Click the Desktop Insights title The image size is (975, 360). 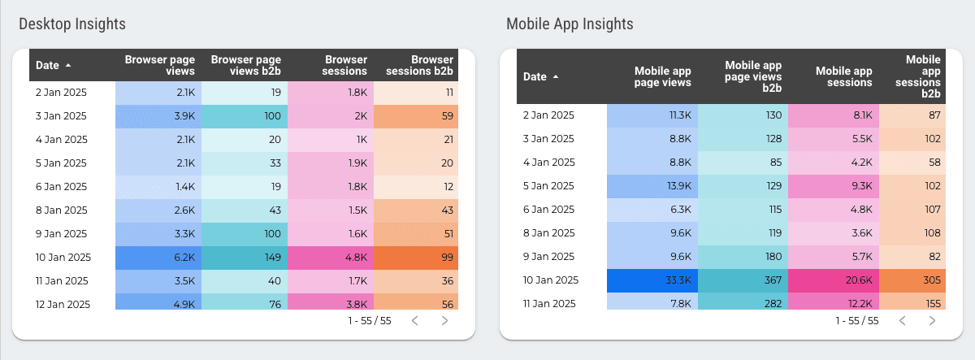[72, 24]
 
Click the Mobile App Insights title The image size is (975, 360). [570, 24]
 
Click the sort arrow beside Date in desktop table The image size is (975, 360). [68, 65]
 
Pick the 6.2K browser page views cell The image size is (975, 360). [158, 258]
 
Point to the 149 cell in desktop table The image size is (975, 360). [244, 258]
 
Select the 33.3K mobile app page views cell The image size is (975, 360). [652, 280]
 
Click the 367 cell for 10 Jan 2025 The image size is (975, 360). [743, 280]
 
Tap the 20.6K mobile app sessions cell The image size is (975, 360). [834, 280]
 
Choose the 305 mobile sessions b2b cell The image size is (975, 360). [912, 280]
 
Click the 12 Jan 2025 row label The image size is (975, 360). [62, 305]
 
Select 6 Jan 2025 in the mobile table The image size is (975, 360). [548, 209]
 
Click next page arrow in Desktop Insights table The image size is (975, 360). [444, 321]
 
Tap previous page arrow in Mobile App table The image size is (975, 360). [902, 321]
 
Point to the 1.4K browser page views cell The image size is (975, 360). [158, 187]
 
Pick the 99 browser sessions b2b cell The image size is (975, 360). [415, 258]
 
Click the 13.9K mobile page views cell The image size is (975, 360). [652, 185]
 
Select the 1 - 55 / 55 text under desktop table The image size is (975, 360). [368, 321]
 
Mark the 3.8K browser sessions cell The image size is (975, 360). [330, 305]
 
